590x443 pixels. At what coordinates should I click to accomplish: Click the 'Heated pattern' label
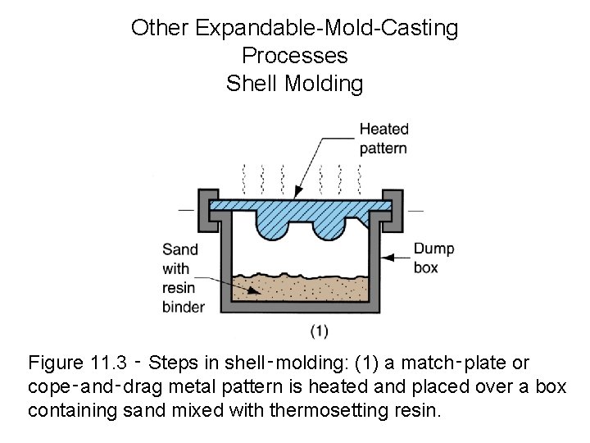pyautogui.click(x=383, y=138)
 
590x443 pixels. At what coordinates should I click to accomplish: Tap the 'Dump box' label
pyautogui.click(x=433, y=258)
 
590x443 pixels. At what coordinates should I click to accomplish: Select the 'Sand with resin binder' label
pyautogui.click(x=184, y=277)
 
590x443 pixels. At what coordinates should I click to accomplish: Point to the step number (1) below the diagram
pyautogui.click(x=319, y=331)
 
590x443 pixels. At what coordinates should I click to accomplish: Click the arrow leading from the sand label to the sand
pyautogui.click(x=238, y=284)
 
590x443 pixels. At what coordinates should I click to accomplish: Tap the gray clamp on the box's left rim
pyautogui.click(x=206, y=206)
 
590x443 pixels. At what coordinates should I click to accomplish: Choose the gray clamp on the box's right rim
pyautogui.click(x=393, y=206)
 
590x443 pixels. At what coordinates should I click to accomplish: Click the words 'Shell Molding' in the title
pyautogui.click(x=294, y=84)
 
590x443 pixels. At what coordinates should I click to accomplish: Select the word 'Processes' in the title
pyautogui.click(x=294, y=56)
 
